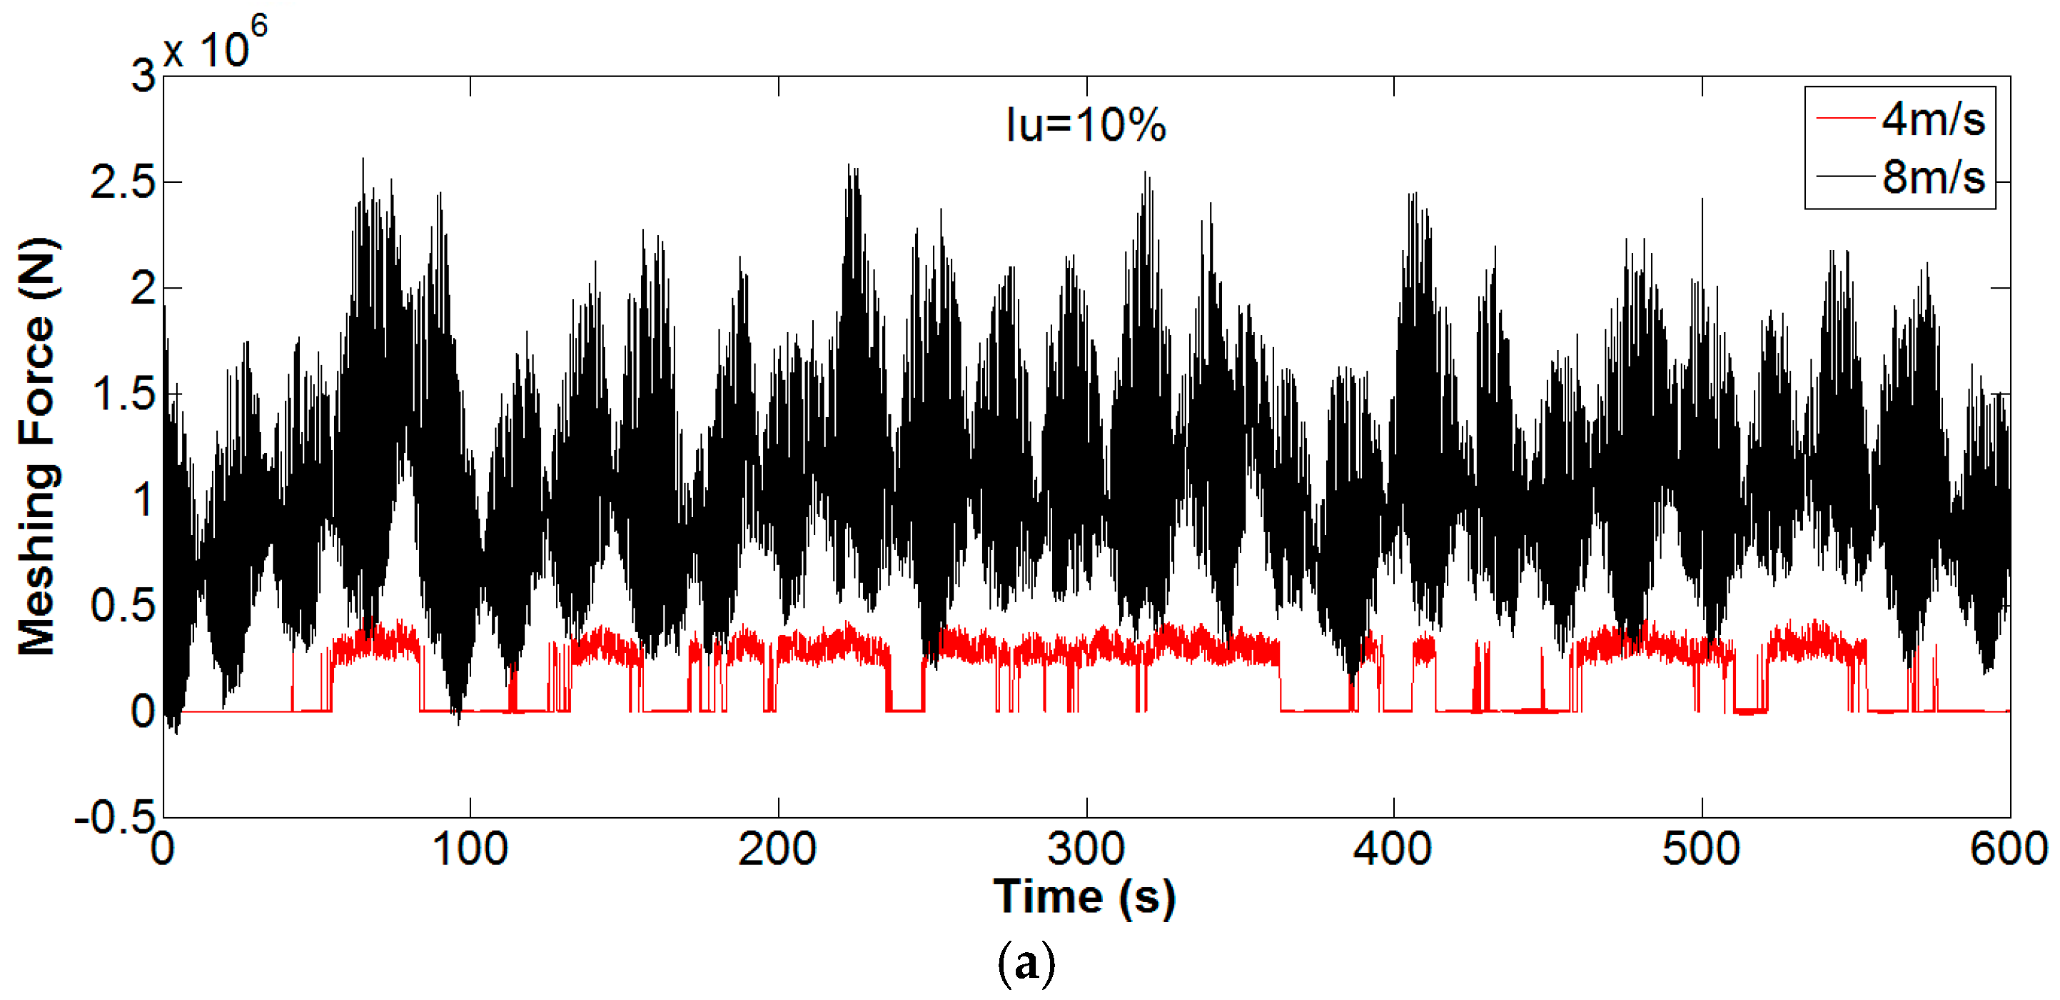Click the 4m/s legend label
(x=1932, y=119)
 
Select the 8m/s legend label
(x=1932, y=177)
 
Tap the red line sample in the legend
(x=1846, y=119)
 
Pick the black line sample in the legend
(x=1846, y=176)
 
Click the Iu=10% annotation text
(x=1085, y=126)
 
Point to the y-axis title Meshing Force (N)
(x=38, y=446)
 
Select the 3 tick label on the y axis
(x=144, y=77)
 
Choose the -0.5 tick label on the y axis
(x=114, y=819)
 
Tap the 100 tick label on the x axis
(x=470, y=849)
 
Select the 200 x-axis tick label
(x=777, y=849)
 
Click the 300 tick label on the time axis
(x=1085, y=849)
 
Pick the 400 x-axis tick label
(x=1393, y=849)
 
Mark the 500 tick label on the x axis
(x=1701, y=849)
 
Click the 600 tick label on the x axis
(x=2008, y=849)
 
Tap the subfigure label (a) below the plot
(x=1026, y=964)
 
